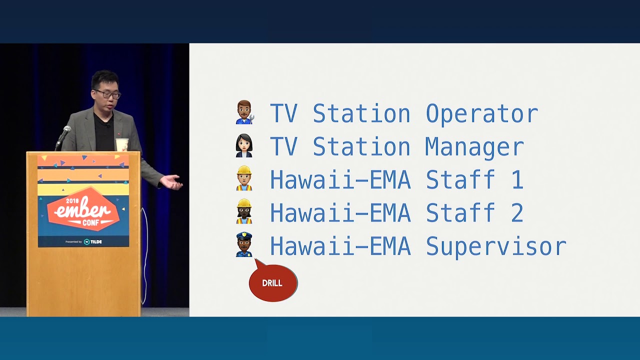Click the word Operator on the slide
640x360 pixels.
coord(482,114)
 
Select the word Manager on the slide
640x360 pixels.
coord(474,147)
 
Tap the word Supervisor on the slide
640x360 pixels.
coord(496,247)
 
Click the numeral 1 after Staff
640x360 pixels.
coord(517,179)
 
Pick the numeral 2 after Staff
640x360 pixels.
coord(517,212)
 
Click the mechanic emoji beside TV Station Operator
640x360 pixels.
coord(245,112)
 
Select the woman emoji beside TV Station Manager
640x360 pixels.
coord(244,145)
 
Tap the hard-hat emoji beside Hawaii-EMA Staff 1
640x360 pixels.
coord(244,178)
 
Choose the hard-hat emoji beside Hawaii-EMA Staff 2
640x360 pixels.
coord(244,211)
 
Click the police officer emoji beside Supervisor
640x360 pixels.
coord(244,244)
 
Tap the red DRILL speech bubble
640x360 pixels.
coord(273,282)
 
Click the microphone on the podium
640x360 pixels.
coord(63,136)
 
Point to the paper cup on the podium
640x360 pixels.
coord(122,144)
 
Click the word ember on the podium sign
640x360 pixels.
coord(82,210)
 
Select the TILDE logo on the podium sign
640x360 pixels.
coord(93,241)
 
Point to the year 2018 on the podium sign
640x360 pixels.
coord(72,200)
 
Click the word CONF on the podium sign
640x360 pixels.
coord(90,222)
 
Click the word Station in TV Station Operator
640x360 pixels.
coord(361,114)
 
